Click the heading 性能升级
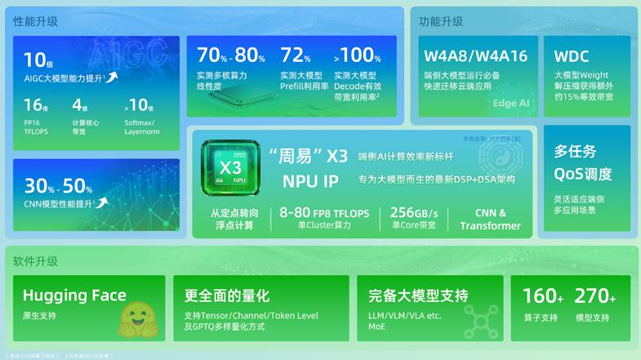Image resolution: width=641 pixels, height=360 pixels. click(35, 22)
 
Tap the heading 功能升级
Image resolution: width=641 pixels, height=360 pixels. click(440, 22)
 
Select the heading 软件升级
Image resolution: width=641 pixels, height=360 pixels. click(35, 261)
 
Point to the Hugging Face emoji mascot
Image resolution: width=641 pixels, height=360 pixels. click(134, 320)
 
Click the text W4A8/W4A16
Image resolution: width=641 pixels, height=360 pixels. click(475, 56)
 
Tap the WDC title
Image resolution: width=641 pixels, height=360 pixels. click(572, 56)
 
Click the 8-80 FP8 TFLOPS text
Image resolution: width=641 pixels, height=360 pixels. click(324, 212)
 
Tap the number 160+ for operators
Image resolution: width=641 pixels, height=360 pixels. click(543, 296)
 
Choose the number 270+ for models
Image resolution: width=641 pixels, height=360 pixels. click(595, 296)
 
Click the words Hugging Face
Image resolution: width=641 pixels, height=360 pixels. click(74, 296)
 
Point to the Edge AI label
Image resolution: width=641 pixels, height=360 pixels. click(511, 104)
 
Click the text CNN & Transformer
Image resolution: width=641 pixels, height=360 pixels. click(491, 219)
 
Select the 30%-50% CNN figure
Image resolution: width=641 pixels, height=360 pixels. click(59, 187)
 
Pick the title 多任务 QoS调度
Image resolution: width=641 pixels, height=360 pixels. click(583, 162)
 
